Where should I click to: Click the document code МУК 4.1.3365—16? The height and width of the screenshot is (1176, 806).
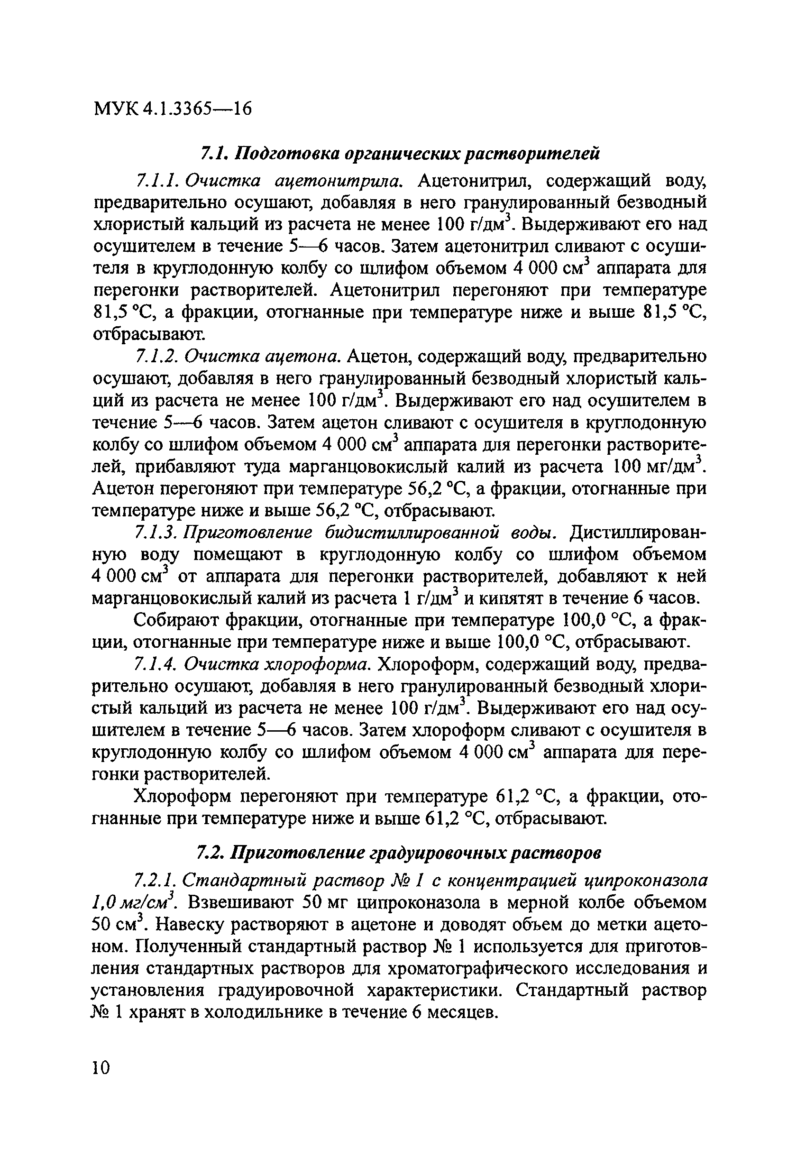click(x=172, y=108)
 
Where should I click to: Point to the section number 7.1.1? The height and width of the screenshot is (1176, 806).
click(x=156, y=181)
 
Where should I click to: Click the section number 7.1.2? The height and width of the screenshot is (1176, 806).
click(x=156, y=357)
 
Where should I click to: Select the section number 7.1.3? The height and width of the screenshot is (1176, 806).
click(x=156, y=533)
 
